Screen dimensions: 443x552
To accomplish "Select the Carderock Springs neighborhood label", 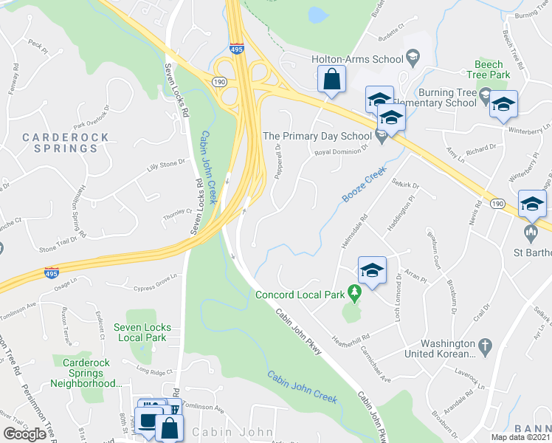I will [x=65, y=142].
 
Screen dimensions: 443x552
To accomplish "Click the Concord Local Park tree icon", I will [x=355, y=295].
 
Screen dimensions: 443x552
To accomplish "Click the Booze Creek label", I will [x=365, y=185].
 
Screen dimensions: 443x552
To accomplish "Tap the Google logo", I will [x=24, y=433].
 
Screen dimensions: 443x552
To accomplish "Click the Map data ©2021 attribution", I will [x=520, y=437].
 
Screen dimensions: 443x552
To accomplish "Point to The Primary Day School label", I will [x=317, y=136].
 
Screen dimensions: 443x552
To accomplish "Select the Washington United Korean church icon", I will [x=485, y=344].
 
